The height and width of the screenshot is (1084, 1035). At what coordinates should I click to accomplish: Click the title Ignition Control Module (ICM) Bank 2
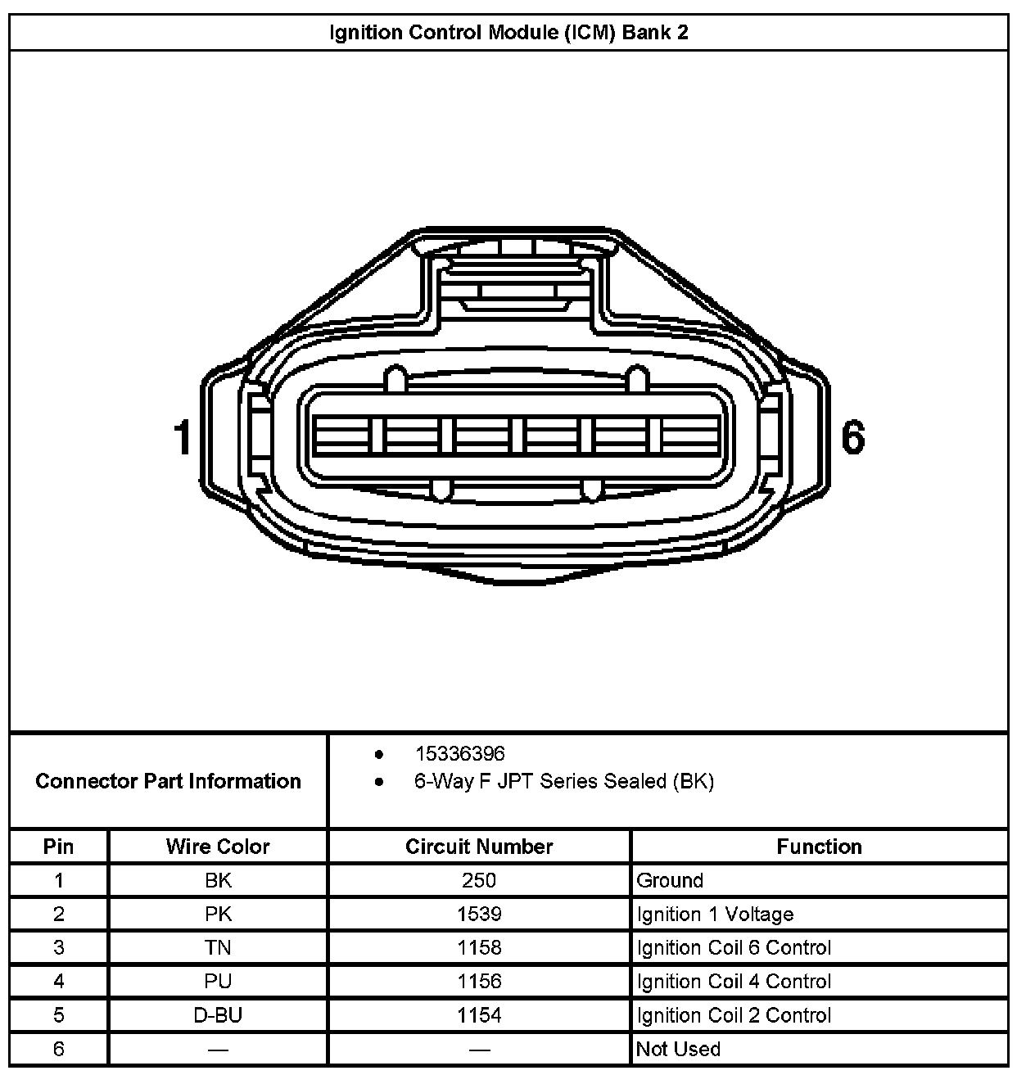508,33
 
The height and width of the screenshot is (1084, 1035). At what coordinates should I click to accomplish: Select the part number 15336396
459,753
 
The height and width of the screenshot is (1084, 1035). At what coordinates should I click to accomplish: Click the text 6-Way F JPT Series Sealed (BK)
563,781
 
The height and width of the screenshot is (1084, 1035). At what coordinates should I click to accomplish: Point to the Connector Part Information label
168,781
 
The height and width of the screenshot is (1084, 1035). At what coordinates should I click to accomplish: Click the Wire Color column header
217,847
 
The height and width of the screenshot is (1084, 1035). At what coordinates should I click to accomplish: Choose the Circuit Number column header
479,847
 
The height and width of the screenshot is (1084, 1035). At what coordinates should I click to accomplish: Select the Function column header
819,847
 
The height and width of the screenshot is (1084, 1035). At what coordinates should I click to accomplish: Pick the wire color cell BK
218,880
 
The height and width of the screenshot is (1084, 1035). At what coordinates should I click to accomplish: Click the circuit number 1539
479,914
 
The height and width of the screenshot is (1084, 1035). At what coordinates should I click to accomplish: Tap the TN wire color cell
218,947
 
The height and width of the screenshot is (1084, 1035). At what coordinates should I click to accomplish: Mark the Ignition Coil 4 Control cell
734,981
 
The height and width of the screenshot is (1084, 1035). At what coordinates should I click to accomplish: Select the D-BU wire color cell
218,1015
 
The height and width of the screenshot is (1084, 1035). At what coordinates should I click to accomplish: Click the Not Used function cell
678,1049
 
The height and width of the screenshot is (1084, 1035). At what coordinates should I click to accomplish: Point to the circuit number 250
479,880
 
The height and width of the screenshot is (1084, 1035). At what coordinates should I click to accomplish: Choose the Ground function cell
670,880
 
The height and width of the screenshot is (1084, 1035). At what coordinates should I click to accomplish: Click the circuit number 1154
479,1015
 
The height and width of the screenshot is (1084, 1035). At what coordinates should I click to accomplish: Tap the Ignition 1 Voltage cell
715,914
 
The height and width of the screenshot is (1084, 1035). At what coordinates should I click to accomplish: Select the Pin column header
58,847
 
